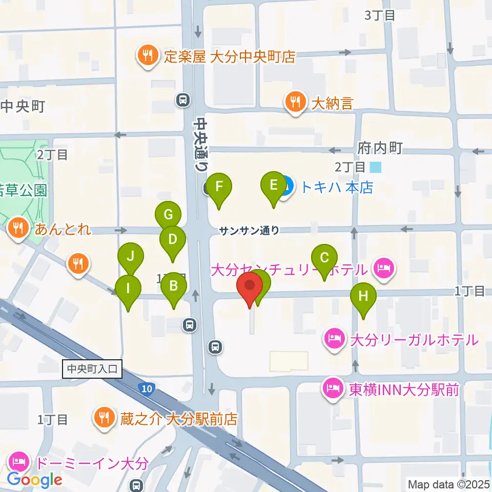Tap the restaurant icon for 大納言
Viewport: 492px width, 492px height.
click(x=295, y=102)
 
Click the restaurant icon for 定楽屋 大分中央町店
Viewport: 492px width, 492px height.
click(x=148, y=56)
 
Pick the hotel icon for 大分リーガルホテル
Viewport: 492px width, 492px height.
click(x=334, y=339)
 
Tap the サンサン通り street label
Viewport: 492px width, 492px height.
click(x=249, y=231)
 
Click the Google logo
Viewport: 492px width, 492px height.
click(x=34, y=480)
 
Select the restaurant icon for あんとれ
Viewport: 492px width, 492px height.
click(x=18, y=229)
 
